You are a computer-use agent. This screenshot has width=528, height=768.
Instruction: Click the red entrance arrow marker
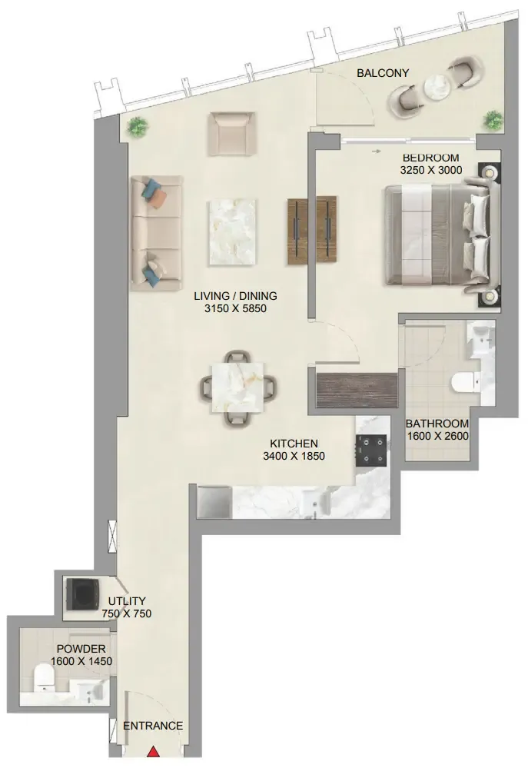coord(154,752)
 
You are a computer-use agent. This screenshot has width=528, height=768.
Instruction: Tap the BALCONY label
coord(383,73)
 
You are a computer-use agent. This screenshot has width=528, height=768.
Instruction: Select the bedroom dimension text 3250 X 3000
coord(431,170)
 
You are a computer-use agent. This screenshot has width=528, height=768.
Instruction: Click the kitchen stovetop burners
coord(370,450)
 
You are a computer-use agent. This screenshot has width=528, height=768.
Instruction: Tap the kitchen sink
coord(313,501)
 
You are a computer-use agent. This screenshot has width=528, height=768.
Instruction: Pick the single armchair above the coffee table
coord(232,134)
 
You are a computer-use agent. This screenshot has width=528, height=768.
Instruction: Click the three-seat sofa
coord(156,233)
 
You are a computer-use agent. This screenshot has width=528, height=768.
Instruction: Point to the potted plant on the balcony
coord(493,119)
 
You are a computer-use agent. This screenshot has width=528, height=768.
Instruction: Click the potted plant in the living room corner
coord(138,127)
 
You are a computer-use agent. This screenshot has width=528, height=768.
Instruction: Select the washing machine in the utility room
coord(83,593)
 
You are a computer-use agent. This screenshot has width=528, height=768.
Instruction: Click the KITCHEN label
coord(294,444)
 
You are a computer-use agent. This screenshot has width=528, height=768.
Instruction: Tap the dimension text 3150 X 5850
coord(236,308)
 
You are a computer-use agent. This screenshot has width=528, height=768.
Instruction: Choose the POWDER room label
coord(81,649)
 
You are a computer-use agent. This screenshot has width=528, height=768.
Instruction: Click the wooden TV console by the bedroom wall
coord(312,230)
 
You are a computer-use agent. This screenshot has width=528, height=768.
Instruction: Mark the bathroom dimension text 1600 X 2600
coord(438,436)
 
